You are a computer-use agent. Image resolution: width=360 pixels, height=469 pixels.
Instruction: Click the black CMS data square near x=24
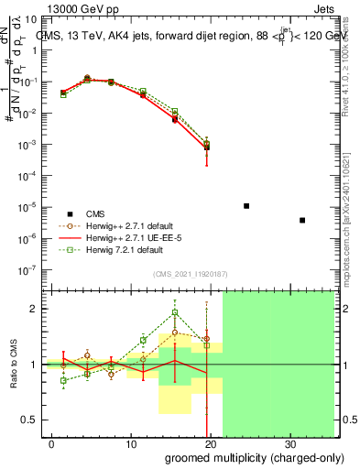(246, 206)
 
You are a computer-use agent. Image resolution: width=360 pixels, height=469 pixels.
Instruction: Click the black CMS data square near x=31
(302, 220)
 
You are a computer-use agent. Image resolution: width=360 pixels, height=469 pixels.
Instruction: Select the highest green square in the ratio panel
(175, 312)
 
